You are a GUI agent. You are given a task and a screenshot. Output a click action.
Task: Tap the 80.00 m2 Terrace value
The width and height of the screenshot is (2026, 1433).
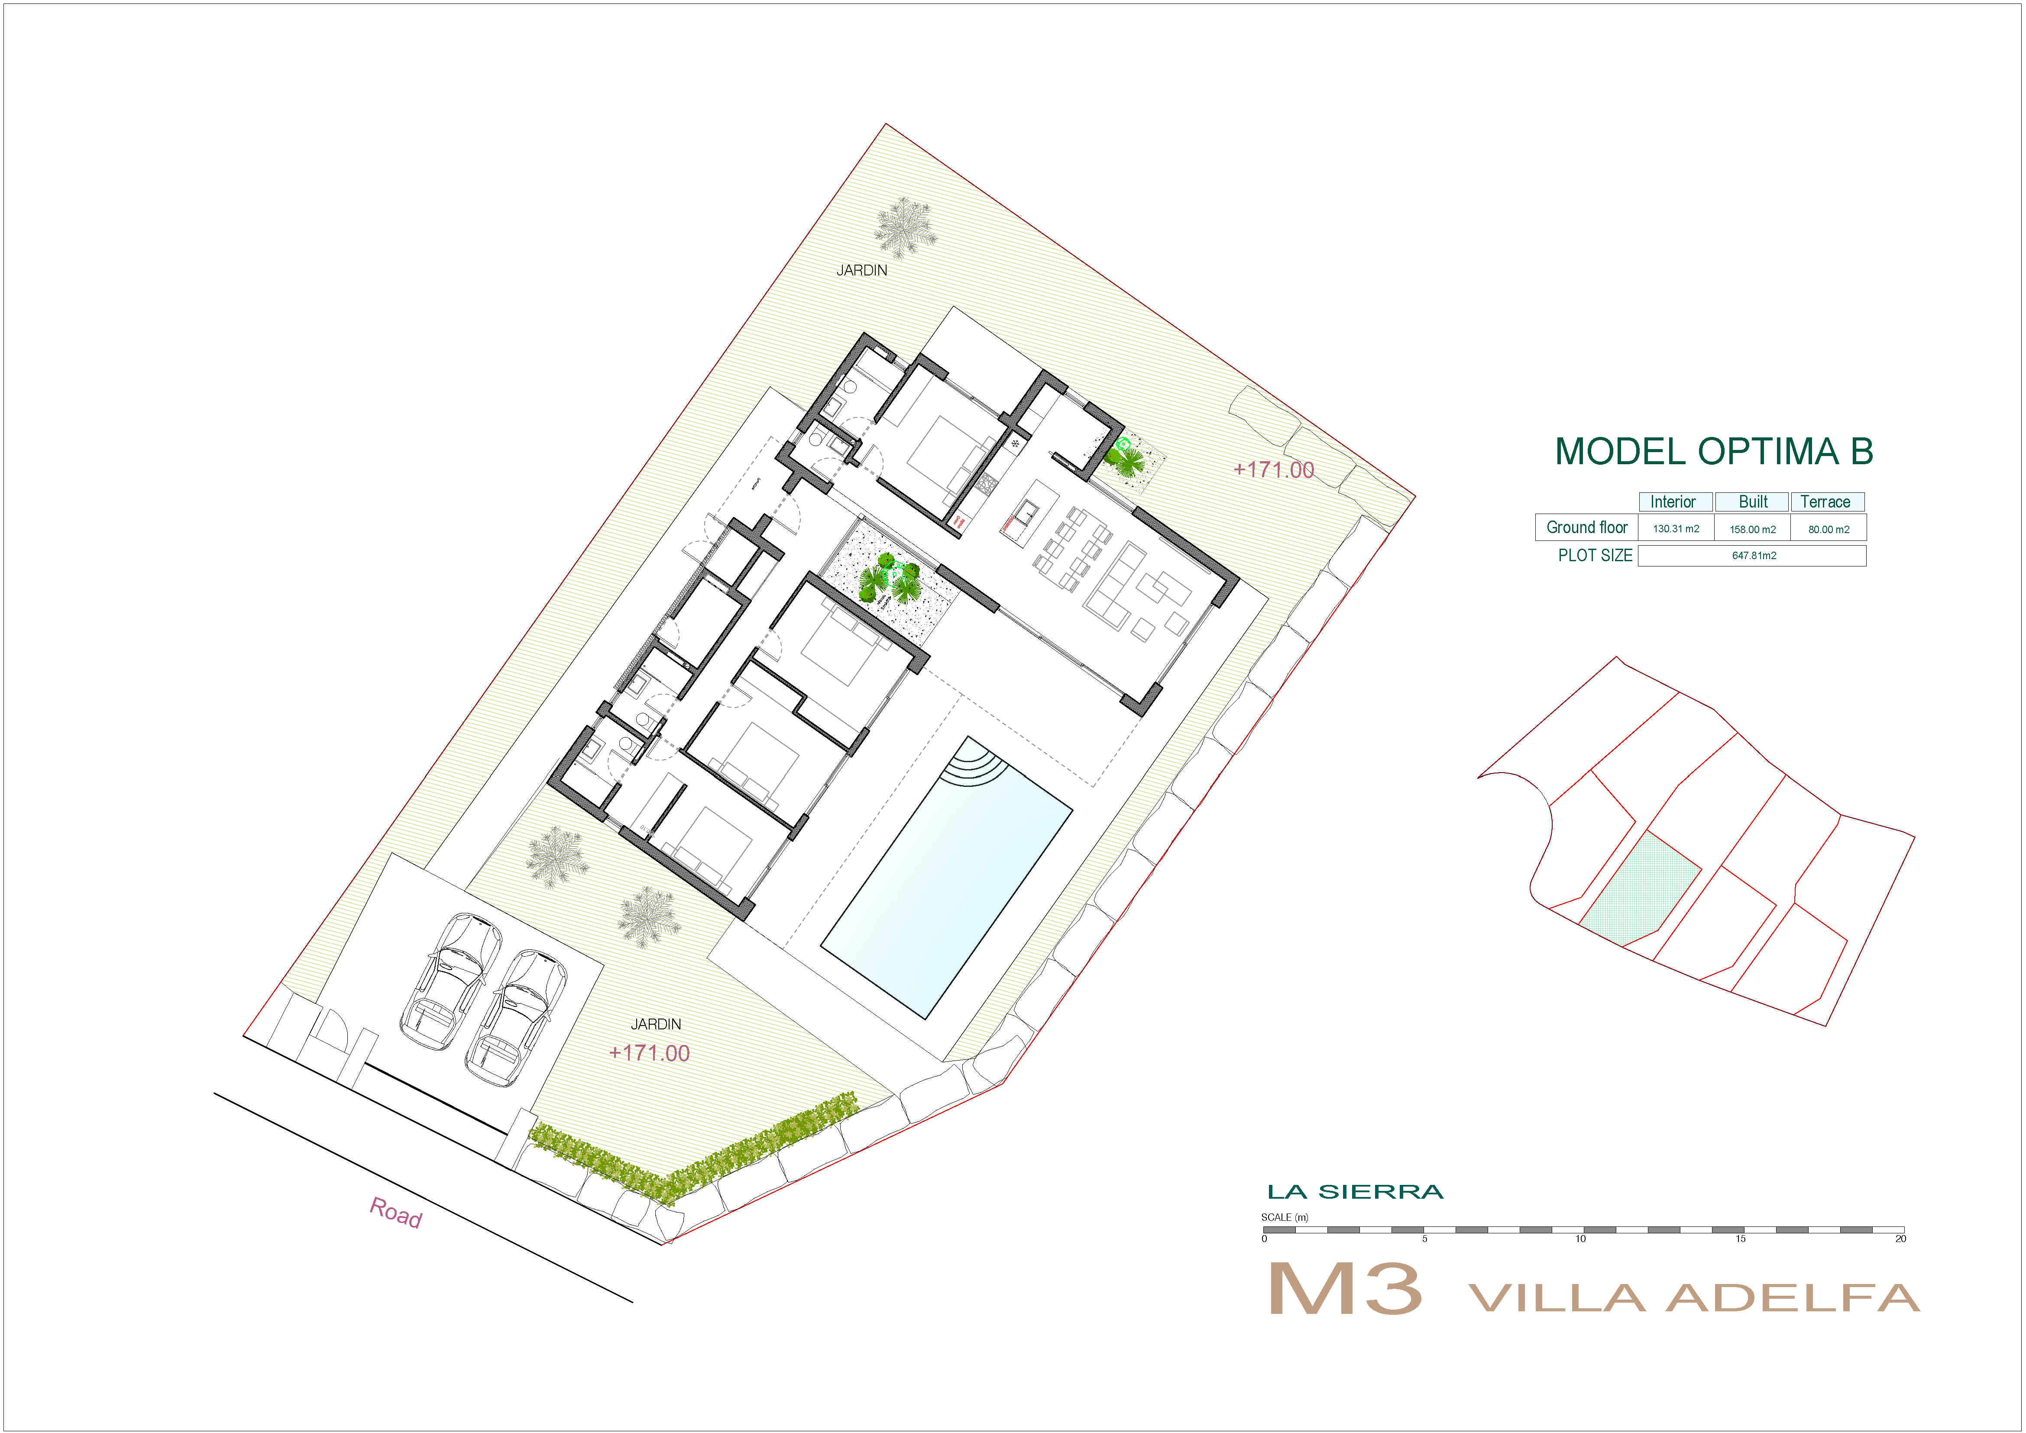pyautogui.click(x=1829, y=530)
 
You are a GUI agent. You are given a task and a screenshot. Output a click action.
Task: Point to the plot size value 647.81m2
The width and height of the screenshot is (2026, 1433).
pyautogui.click(x=1753, y=556)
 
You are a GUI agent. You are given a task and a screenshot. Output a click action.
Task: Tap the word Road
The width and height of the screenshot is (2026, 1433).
pyautogui.click(x=395, y=1213)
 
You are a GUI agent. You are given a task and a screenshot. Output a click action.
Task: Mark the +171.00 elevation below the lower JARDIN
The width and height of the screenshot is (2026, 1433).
pyautogui.click(x=650, y=1053)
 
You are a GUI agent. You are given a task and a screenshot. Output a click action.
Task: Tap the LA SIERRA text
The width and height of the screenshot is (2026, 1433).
pyautogui.click(x=1354, y=1192)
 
